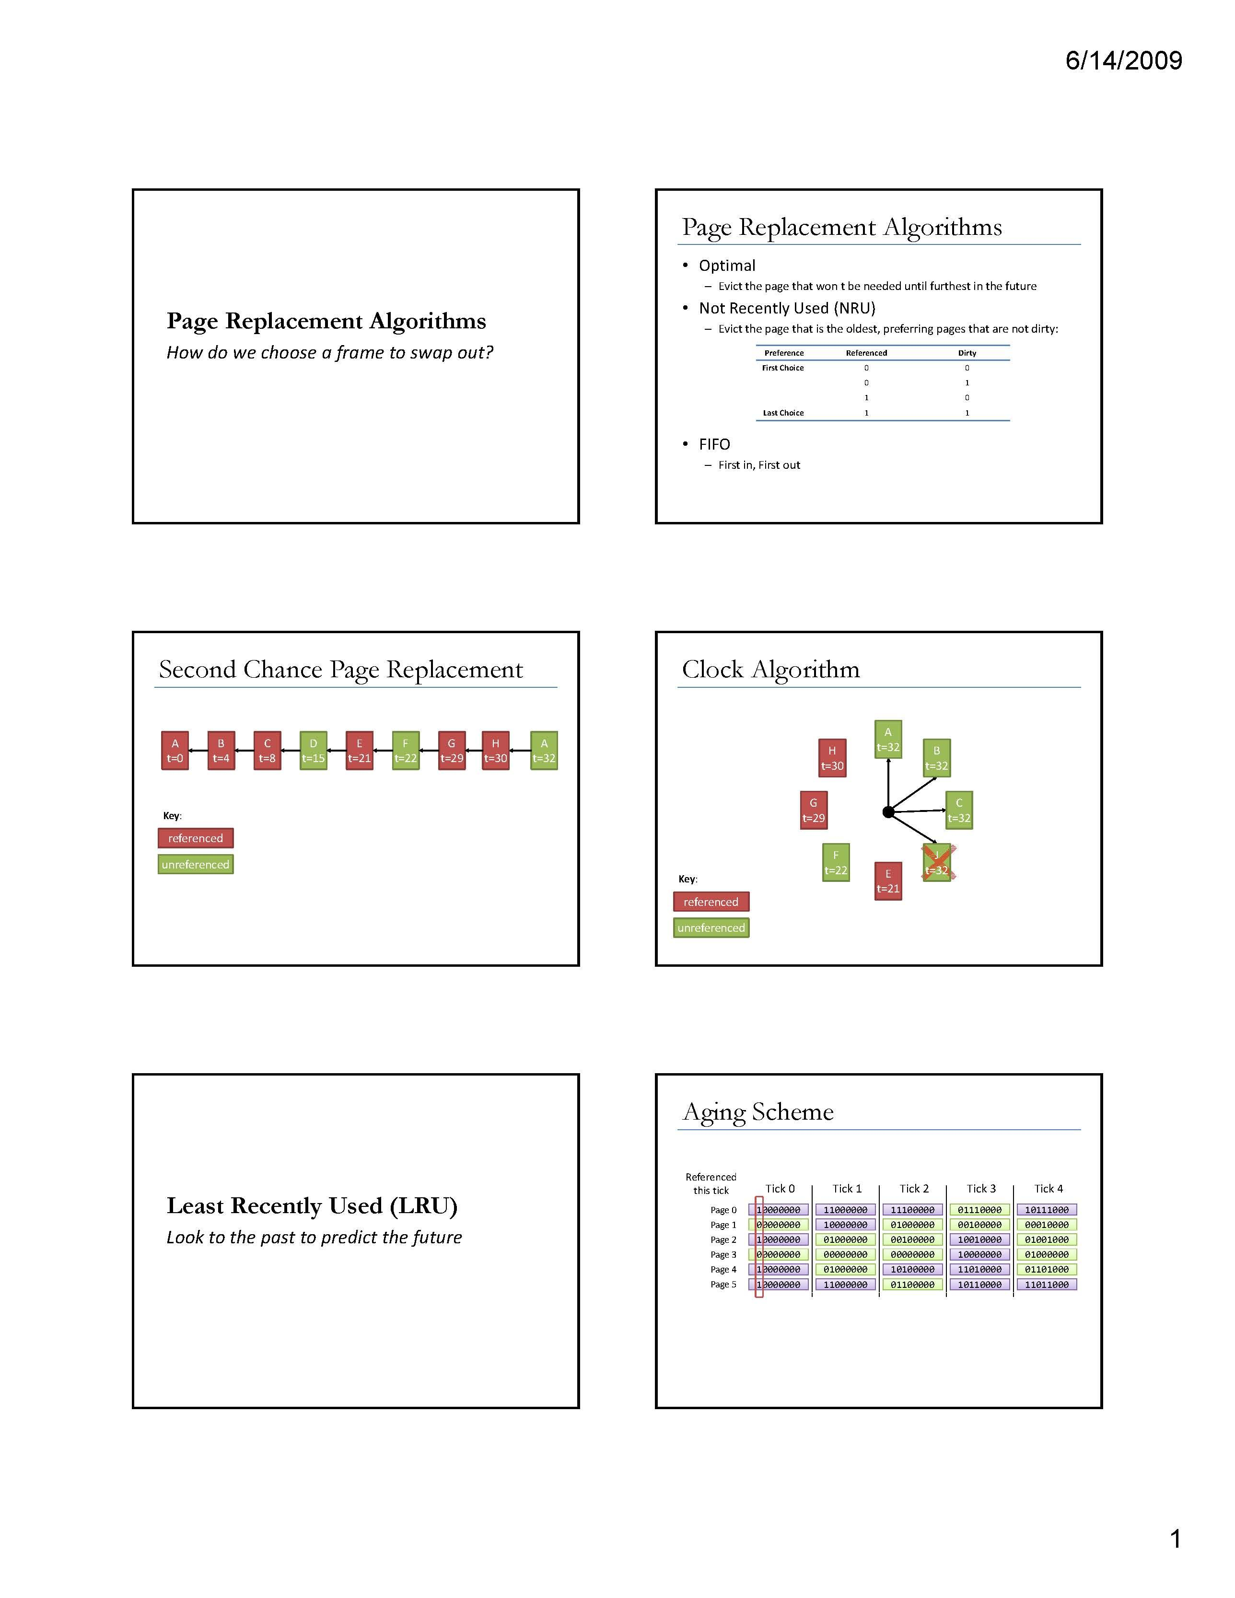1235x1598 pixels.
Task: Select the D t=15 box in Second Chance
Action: [x=314, y=751]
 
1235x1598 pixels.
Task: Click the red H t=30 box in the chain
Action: [x=496, y=751]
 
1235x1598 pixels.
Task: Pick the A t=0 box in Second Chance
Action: [x=175, y=751]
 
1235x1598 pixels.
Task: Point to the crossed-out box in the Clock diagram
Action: [x=937, y=863]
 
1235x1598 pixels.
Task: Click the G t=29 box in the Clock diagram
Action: [x=813, y=811]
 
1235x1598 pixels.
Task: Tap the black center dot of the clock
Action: [x=888, y=812]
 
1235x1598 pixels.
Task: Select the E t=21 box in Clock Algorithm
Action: [x=888, y=881]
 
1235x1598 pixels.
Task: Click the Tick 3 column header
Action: [x=981, y=1189]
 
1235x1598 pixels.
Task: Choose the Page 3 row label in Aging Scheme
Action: [x=723, y=1255]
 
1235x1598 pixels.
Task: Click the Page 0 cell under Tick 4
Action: [x=1047, y=1210]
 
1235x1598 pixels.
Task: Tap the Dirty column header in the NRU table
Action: [x=967, y=353]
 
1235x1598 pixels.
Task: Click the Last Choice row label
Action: [x=783, y=413]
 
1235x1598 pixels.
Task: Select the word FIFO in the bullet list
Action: [x=714, y=444]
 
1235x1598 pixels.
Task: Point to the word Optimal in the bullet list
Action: [x=727, y=266]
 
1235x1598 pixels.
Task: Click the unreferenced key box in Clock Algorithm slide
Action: [x=711, y=928]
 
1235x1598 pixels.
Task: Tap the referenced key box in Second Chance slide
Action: [x=196, y=838]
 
